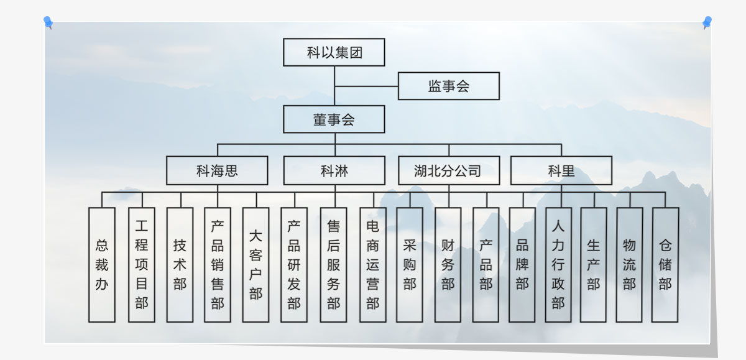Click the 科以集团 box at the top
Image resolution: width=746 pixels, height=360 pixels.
(x=334, y=52)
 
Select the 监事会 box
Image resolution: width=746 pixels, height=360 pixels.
(x=448, y=86)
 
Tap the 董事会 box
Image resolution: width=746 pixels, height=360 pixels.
(x=334, y=119)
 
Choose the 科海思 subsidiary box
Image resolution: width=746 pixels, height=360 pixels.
(x=217, y=170)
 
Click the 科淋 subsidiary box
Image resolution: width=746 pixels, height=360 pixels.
(x=334, y=170)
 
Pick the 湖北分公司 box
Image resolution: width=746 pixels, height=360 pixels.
(x=448, y=170)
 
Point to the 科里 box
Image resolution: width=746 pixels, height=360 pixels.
(x=561, y=170)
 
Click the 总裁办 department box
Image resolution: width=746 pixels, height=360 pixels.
(x=102, y=264)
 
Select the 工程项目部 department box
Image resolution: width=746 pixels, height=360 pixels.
(x=142, y=264)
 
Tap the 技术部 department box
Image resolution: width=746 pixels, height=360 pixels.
(x=180, y=264)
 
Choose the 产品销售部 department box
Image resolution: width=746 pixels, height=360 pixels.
(x=218, y=264)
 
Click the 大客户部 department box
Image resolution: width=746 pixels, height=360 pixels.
(x=256, y=264)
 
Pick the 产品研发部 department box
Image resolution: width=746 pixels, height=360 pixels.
(x=294, y=264)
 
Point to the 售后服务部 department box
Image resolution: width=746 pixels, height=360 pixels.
(x=334, y=264)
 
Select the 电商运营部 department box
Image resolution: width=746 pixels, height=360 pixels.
(x=373, y=264)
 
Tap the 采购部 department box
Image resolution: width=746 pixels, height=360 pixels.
(x=410, y=264)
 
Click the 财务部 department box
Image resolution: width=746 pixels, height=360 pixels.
(x=448, y=264)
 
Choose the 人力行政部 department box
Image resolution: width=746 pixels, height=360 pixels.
(x=558, y=264)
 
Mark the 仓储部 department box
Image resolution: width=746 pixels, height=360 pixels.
(x=665, y=264)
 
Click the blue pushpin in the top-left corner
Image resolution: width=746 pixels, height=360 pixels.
(x=48, y=22)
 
